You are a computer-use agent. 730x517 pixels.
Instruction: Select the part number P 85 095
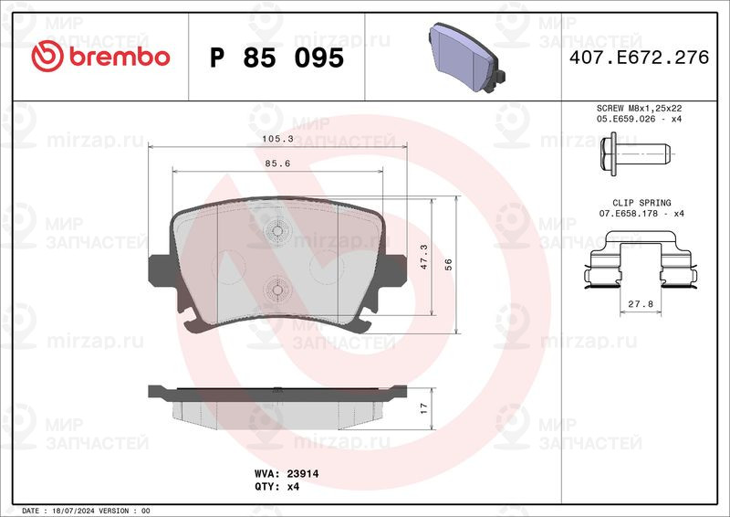[x=276, y=58]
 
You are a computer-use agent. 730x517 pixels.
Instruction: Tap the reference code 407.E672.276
[x=639, y=58]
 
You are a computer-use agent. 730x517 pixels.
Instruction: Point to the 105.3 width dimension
[x=278, y=139]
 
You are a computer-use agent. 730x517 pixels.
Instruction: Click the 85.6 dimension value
[x=278, y=164]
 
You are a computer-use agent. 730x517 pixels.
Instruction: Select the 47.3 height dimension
[x=424, y=257]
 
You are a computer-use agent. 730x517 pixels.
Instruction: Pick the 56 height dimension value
[x=448, y=265]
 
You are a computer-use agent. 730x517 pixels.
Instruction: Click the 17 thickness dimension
[x=423, y=409]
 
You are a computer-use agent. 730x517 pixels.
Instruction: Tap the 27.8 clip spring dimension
[x=641, y=304]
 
